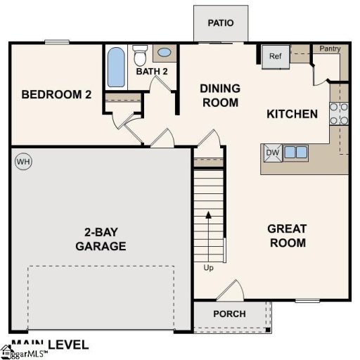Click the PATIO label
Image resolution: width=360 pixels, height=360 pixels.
(221, 22)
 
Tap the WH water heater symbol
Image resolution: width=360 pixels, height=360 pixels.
(23, 162)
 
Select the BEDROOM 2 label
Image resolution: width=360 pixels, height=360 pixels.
(56, 94)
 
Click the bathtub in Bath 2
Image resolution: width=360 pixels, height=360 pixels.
(116, 67)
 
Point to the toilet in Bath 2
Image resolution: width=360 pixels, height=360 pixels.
(140, 54)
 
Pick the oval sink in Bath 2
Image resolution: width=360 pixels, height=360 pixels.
(165, 52)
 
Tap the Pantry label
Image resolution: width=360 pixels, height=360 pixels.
(330, 49)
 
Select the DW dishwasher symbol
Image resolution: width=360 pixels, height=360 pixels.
(271, 152)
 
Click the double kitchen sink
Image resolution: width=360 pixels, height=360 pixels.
(295, 152)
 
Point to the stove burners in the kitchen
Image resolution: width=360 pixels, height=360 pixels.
(339, 114)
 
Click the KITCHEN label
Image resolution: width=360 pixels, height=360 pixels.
(292, 114)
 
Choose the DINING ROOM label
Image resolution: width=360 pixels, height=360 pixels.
(220, 95)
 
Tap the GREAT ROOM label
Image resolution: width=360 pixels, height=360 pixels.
(287, 236)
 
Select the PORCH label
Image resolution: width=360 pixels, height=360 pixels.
(229, 314)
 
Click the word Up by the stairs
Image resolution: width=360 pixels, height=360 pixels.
(208, 269)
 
